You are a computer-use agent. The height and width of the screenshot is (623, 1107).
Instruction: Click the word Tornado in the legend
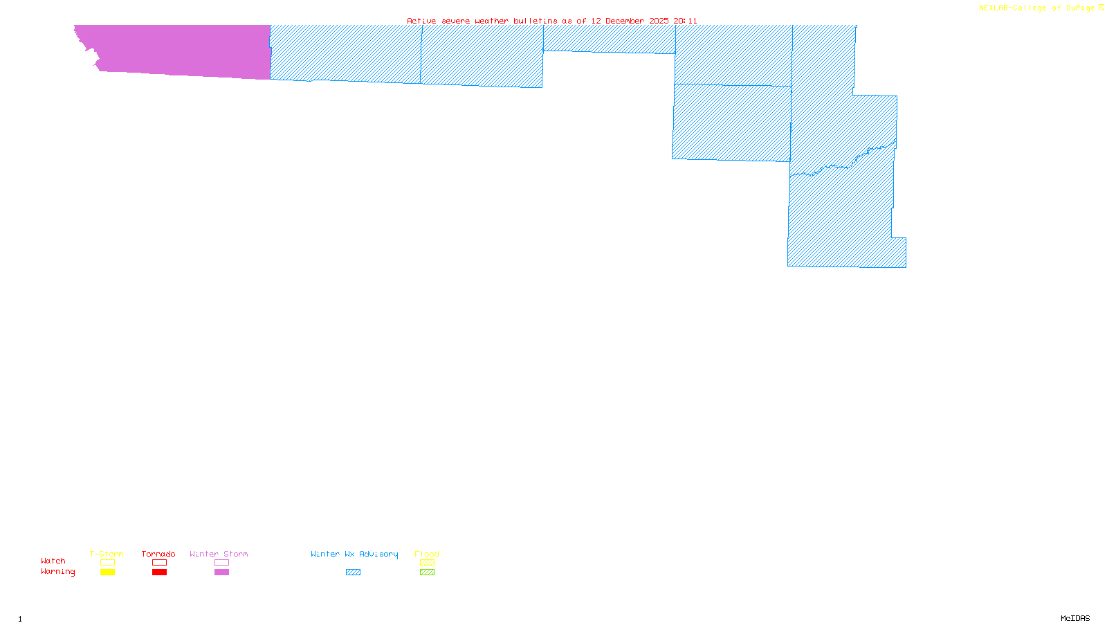point(158,554)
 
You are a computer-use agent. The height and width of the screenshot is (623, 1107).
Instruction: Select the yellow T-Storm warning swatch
point(107,572)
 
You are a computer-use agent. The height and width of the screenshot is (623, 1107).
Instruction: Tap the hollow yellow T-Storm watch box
point(107,563)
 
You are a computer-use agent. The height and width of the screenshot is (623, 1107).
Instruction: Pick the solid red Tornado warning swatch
point(159,572)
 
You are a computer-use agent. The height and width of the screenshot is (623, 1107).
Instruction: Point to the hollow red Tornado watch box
point(159,563)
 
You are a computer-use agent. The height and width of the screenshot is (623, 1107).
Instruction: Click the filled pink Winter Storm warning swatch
point(221,572)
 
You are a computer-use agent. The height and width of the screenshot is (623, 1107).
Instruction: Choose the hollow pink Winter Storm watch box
point(221,563)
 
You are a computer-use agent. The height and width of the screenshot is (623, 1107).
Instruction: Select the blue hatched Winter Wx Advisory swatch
point(353,572)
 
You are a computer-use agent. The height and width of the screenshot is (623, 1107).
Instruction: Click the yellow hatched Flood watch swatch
point(427,563)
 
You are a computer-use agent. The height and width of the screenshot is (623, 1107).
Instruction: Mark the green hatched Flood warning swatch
point(427,572)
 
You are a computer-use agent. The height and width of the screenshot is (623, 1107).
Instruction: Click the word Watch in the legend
point(53,561)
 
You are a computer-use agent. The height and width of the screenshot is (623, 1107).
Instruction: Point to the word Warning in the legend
point(58,572)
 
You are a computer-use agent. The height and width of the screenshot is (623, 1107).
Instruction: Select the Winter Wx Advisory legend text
point(354,554)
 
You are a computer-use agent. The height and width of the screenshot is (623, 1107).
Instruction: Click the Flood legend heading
point(427,554)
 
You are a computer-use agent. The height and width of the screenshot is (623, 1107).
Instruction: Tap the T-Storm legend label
point(107,554)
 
